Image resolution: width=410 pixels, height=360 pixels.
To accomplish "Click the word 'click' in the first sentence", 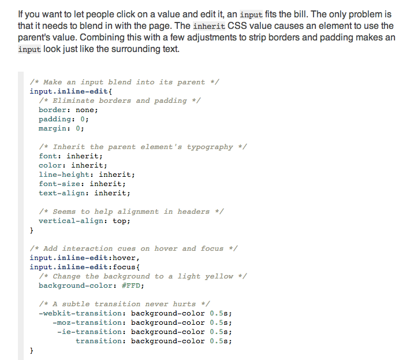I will (105, 14).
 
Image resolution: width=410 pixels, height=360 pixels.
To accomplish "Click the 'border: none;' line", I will (68, 110).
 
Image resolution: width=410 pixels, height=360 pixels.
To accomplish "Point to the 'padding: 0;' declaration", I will (64, 119).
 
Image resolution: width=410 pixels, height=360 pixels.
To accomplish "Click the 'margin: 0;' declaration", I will (61, 128).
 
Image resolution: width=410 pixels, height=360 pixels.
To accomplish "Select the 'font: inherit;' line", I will (70, 156).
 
